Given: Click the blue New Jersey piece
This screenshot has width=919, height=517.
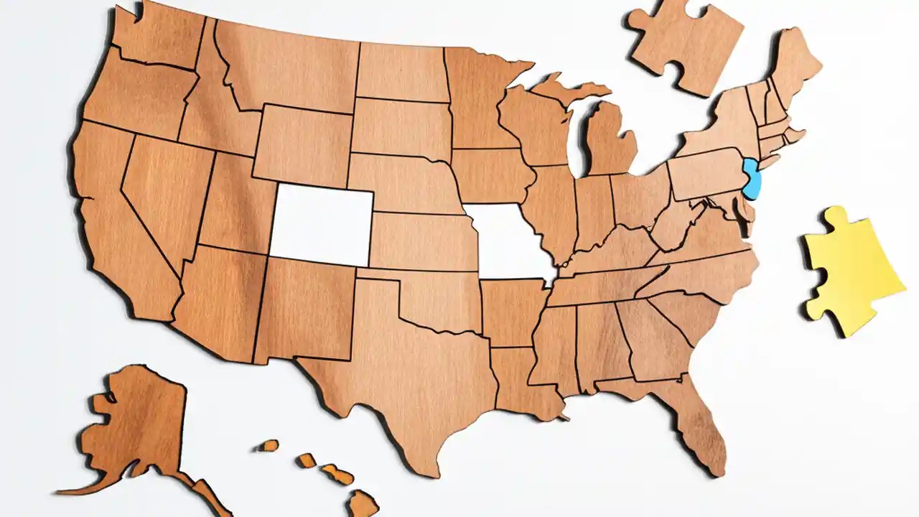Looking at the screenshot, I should (x=752, y=180).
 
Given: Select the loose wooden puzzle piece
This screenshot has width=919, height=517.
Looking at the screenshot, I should (x=686, y=43).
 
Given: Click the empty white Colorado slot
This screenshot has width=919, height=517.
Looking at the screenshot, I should (x=321, y=223).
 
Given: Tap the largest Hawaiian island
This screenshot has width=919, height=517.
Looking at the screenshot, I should (x=363, y=502).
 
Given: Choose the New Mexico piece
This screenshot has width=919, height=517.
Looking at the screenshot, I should (x=305, y=309).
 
